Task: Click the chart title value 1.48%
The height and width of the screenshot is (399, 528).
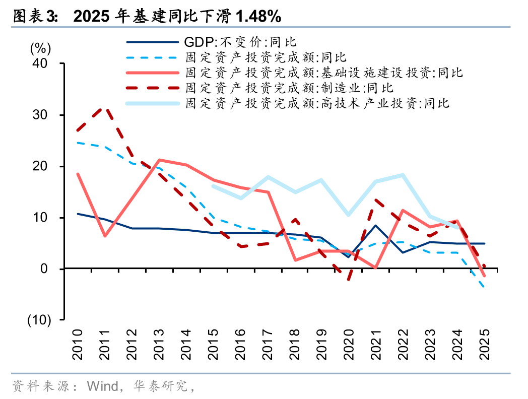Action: (258, 16)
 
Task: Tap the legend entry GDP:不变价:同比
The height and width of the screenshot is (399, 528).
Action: (240, 42)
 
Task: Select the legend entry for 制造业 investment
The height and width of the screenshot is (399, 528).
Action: (289, 88)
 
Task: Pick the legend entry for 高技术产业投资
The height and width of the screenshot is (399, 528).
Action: (317, 103)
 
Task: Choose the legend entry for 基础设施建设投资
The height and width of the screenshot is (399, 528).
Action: (324, 73)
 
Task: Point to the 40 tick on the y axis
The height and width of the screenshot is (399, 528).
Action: (40, 63)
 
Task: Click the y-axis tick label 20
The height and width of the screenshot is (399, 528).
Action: (40, 166)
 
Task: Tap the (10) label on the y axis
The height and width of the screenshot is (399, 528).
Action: (39, 320)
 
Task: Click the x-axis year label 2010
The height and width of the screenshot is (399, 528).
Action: (77, 345)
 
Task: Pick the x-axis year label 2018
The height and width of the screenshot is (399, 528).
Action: (295, 345)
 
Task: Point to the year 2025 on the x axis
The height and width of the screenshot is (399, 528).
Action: (485, 345)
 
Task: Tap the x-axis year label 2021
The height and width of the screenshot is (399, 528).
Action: (376, 345)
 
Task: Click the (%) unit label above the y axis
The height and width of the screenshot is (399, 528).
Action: (41, 48)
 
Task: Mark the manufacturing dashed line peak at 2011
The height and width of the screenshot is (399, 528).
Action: (105, 108)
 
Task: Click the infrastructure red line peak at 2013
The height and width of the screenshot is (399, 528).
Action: (159, 160)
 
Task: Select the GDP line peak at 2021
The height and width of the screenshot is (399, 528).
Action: (375, 226)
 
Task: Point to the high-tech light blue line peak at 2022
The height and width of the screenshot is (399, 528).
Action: (403, 175)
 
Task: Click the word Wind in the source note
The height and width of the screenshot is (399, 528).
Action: (102, 386)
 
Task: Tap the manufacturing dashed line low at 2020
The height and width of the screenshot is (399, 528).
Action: (349, 279)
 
